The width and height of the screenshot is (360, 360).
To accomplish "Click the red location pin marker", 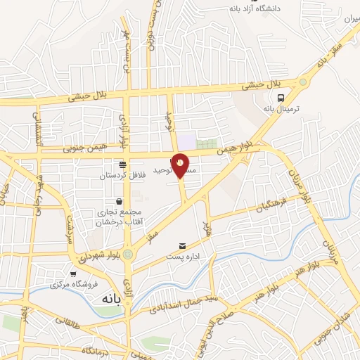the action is pos(181,165).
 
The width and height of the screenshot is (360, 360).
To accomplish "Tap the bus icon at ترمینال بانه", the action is pos(281,98).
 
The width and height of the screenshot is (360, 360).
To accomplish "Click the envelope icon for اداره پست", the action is pos(183,245).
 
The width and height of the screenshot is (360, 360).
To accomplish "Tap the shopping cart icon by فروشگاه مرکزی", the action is pos(73,274).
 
